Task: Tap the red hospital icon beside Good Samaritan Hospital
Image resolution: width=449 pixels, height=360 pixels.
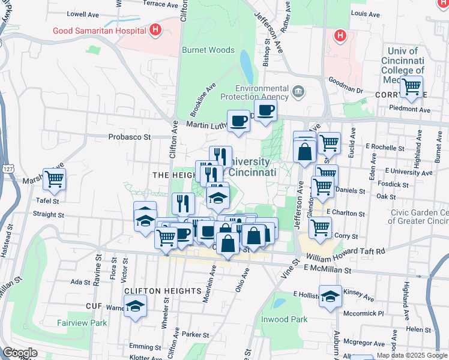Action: click(155, 29)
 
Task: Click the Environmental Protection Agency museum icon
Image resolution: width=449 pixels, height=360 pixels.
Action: click(298, 92)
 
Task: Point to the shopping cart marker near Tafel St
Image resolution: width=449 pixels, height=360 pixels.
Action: click(55, 179)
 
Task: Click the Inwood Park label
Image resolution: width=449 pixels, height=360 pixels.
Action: click(284, 319)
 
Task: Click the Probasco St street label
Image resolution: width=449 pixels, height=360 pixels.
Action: click(129, 137)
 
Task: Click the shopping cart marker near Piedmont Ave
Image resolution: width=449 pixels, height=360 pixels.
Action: click(412, 87)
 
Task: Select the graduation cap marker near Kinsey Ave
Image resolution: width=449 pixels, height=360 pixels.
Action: click(330, 296)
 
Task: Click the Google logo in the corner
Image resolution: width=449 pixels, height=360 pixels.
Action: click(20, 353)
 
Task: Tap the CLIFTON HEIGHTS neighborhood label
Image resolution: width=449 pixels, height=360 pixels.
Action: click(162, 290)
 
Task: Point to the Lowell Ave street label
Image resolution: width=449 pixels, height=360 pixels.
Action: click(82, 13)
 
